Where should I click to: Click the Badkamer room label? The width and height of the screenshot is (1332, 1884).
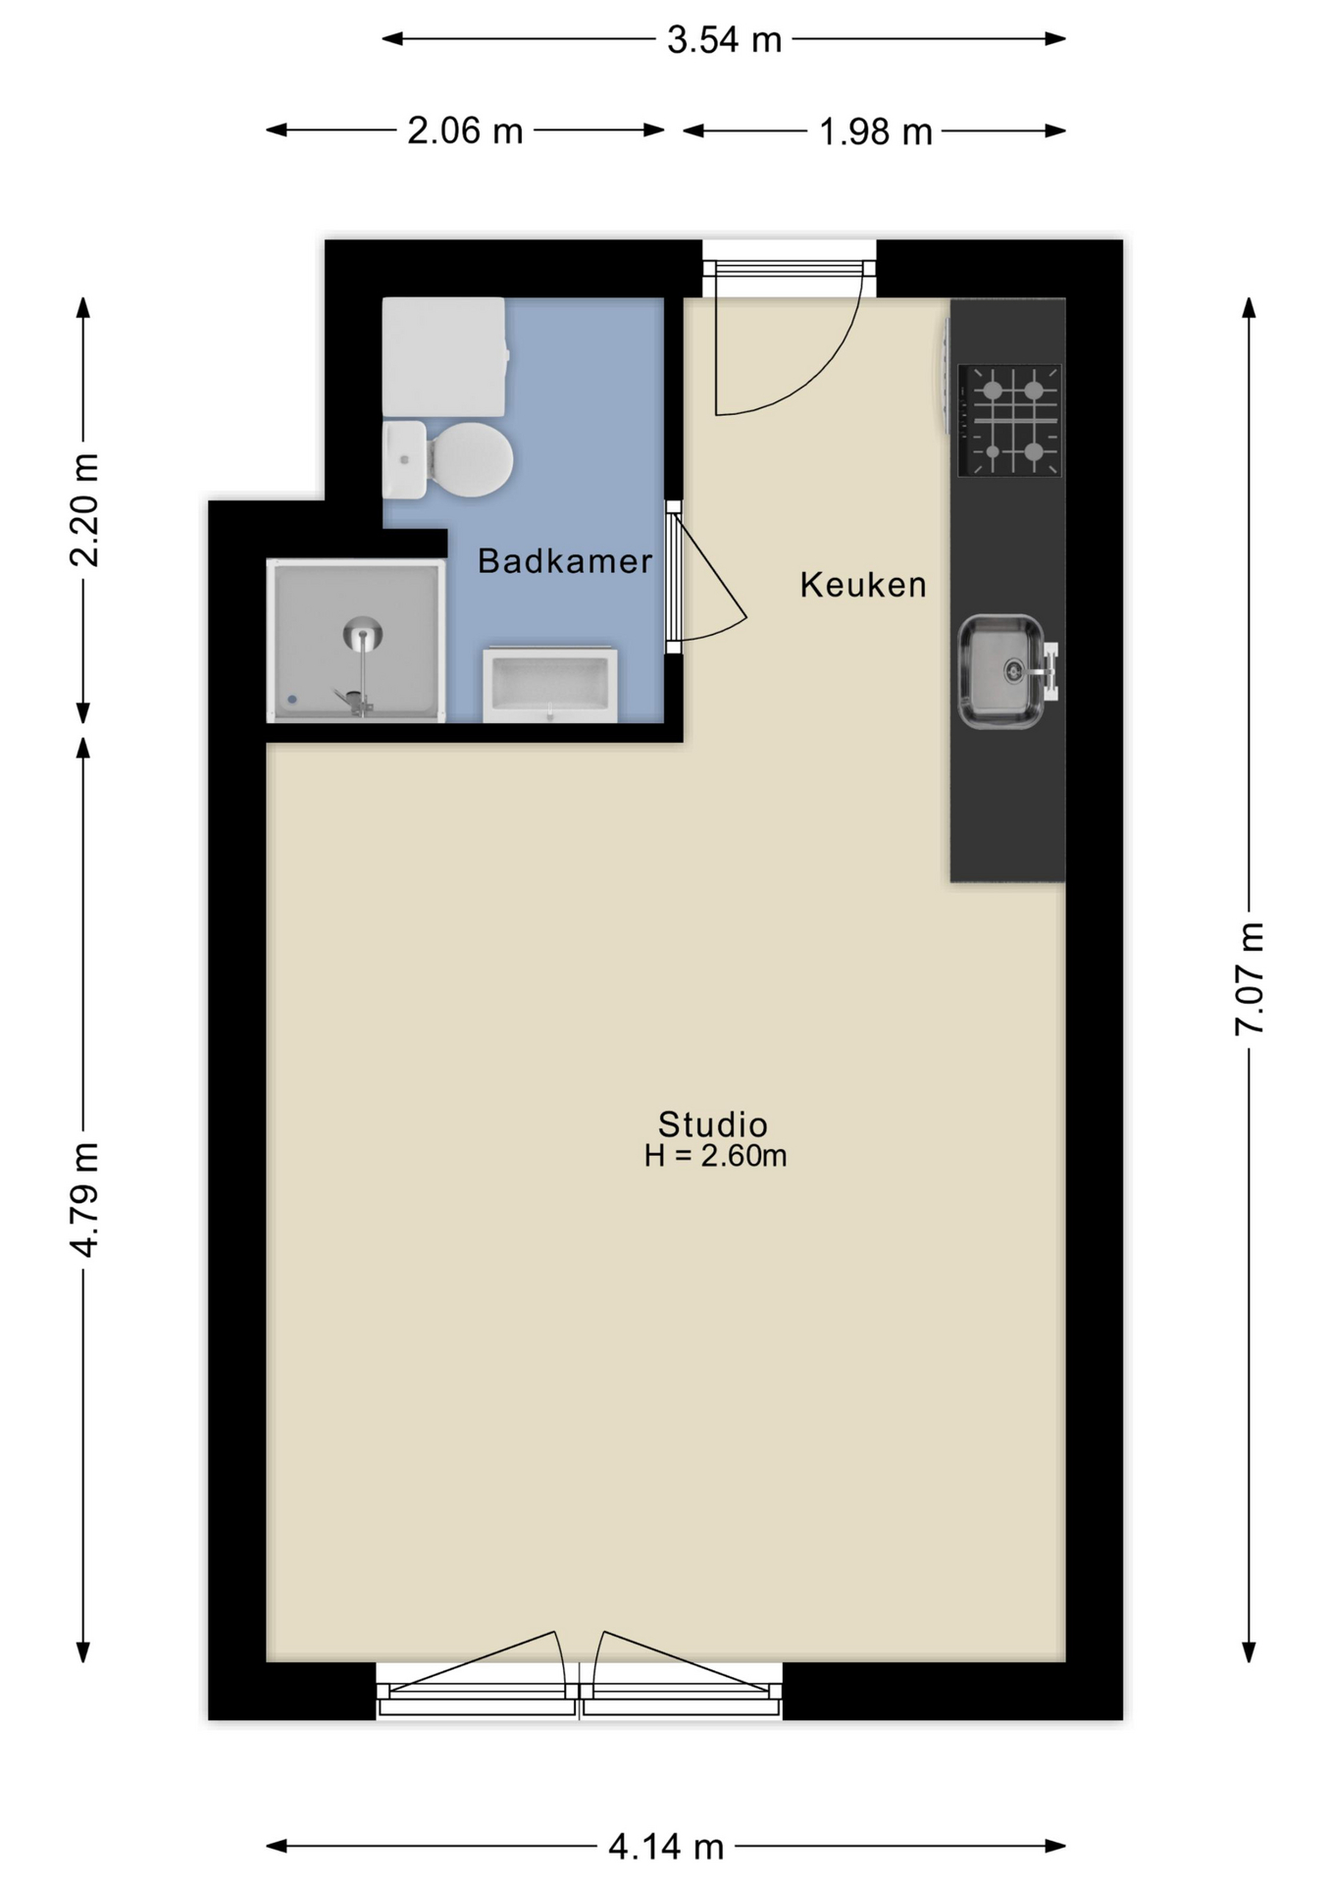(564, 561)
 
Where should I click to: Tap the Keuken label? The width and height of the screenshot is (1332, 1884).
(862, 585)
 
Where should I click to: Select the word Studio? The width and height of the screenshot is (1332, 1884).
(712, 1124)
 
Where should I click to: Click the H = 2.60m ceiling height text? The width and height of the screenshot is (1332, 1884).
(715, 1156)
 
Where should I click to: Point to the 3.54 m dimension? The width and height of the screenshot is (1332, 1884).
(724, 40)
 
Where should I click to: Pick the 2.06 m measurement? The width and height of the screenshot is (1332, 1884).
(465, 131)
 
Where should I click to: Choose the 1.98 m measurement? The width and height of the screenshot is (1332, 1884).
(875, 131)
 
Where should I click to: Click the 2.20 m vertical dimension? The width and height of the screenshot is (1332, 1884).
(84, 510)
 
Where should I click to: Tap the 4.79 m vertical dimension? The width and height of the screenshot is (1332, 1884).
(84, 1199)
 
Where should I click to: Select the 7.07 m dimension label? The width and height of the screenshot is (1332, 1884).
(1250, 978)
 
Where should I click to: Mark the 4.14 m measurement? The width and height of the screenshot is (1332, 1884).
(666, 1847)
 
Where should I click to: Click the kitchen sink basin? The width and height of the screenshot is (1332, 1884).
(999, 671)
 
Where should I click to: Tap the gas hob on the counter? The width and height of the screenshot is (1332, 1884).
(1009, 420)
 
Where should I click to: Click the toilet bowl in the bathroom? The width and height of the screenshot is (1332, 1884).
(471, 459)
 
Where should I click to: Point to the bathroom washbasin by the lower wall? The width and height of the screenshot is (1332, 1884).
(550, 683)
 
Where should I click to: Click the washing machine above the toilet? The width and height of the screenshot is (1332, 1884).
(443, 356)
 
